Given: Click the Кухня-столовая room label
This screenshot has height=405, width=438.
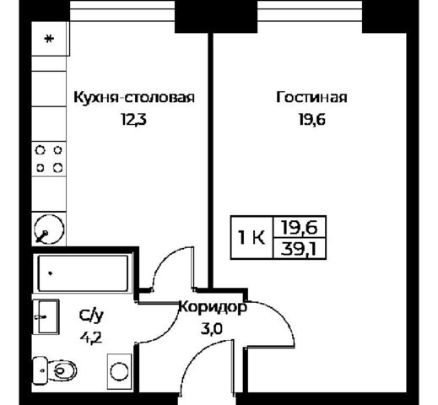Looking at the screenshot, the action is pyautogui.click(x=134, y=97).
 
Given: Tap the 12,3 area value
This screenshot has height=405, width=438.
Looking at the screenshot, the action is pyautogui.click(x=134, y=120).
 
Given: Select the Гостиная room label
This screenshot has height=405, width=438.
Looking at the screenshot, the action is pyautogui.click(x=311, y=97).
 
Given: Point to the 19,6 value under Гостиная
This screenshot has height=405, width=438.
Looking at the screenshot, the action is pyautogui.click(x=312, y=120).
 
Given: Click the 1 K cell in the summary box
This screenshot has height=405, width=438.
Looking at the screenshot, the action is pyautogui.click(x=251, y=238).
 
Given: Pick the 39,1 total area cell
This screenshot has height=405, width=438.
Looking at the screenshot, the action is pyautogui.click(x=299, y=249).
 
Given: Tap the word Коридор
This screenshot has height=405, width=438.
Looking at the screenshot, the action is pyautogui.click(x=213, y=307).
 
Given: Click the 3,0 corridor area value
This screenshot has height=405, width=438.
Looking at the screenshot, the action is pyautogui.click(x=212, y=328).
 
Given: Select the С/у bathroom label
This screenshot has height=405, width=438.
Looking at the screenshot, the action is pyautogui.click(x=91, y=316).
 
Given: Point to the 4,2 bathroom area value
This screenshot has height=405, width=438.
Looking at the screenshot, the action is pyautogui.click(x=91, y=338).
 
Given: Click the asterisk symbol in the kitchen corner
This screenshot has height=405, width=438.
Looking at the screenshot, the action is pyautogui.click(x=49, y=39).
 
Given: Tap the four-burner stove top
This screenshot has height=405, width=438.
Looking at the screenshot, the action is pyautogui.click(x=49, y=159).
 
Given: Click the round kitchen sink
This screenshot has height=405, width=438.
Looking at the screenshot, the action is pyautogui.click(x=49, y=229).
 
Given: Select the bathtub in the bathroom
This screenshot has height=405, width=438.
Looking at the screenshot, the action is pyautogui.click(x=83, y=273).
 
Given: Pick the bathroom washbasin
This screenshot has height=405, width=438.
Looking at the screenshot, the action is pyautogui.click(x=46, y=316).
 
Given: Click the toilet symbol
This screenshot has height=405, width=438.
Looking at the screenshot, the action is pyautogui.click(x=55, y=370).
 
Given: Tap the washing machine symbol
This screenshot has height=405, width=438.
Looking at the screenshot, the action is pyautogui.click(x=119, y=371).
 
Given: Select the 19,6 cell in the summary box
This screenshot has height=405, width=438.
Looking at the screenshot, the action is pyautogui.click(x=300, y=227).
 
